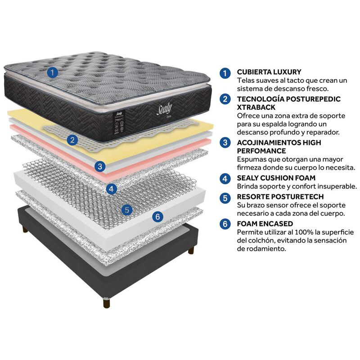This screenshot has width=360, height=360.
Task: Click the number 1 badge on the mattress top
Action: point(52,72)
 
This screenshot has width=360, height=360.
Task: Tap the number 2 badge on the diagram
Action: point(72,139)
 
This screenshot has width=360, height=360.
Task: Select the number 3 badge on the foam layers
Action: point(100,166)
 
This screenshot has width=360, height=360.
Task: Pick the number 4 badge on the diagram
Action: point(112,189)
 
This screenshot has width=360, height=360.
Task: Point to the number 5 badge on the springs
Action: point(127,210)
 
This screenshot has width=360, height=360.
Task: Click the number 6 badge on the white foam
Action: point(158,216)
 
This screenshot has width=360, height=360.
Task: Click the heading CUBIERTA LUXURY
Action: point(269,72)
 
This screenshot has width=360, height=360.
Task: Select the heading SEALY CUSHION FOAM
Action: point(276,178)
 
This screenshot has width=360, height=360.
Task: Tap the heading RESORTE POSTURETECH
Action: point(280,197)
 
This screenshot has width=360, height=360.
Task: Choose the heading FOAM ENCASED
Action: point(265,224)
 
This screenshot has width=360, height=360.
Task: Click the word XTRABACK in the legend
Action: point(256,107)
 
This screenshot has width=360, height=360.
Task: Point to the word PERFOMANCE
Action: point(261,151)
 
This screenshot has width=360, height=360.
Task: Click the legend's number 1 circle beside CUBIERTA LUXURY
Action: point(225,73)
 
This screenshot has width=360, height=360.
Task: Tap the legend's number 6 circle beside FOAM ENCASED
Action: point(225,224)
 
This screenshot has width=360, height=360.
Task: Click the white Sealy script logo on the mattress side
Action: point(164,109)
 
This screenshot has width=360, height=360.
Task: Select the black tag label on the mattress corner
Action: point(120,122)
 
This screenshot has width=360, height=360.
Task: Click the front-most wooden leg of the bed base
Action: point(107,302)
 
